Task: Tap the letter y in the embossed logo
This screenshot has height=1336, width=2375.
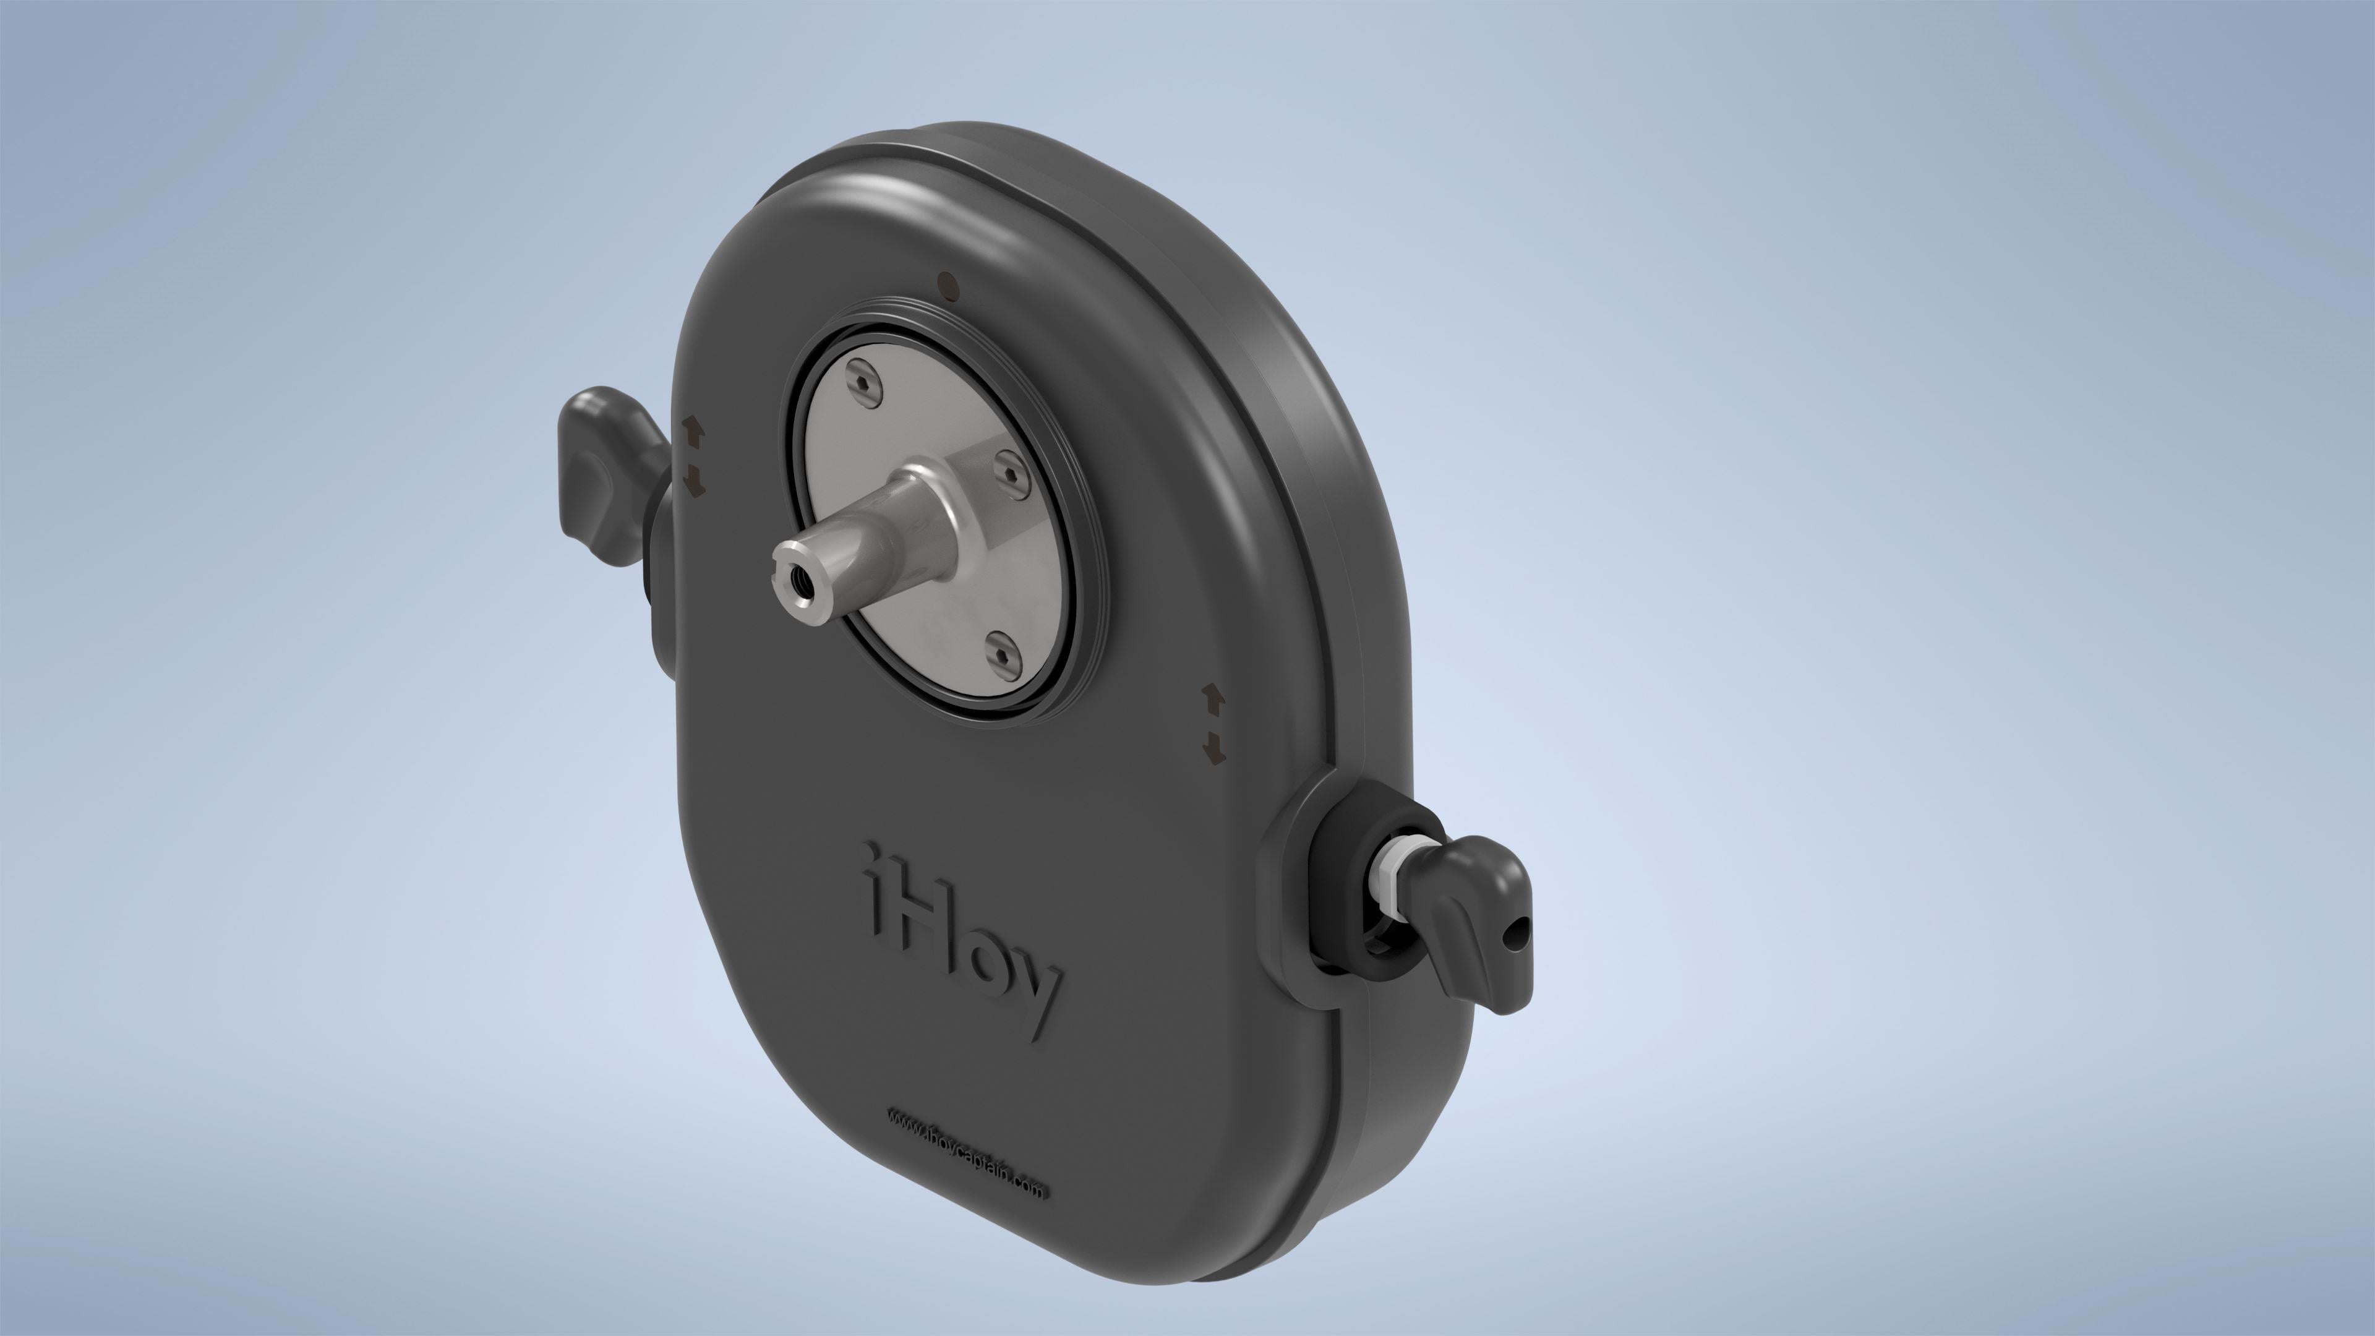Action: point(1037,1000)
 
